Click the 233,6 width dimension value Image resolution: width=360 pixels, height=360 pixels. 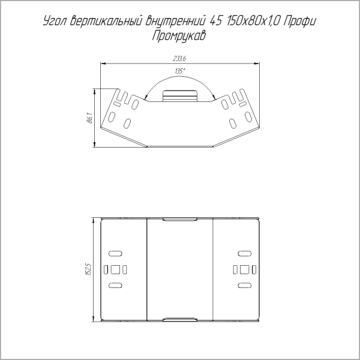click(179, 59)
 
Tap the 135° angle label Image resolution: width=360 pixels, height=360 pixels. click(180, 71)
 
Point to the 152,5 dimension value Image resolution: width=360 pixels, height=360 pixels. click(89, 269)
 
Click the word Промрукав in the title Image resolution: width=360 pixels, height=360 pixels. click(179, 36)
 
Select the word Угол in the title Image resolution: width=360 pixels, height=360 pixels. click(55, 22)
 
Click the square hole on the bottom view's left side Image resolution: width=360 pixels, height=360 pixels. click(115, 269)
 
